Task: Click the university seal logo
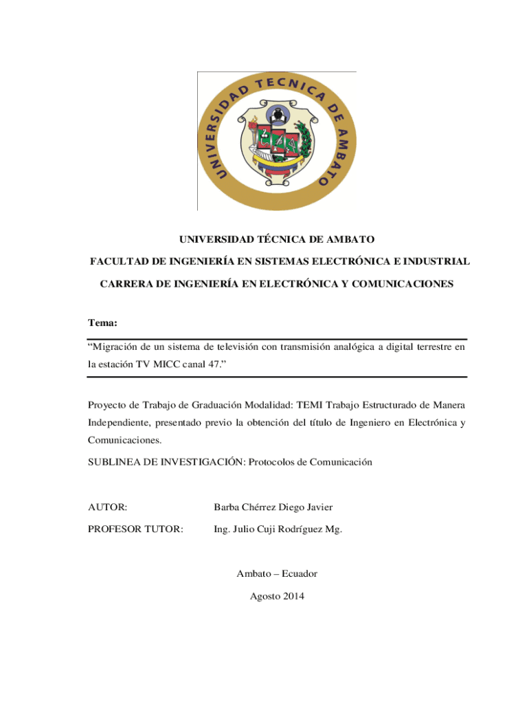pos(277,141)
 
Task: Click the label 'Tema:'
pos(102,322)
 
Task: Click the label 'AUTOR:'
pos(107,507)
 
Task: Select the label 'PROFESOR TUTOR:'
pos(135,529)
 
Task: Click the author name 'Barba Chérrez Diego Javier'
pos(273,507)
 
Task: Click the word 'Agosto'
pos(264,595)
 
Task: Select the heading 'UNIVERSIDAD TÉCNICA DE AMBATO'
pos(277,239)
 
